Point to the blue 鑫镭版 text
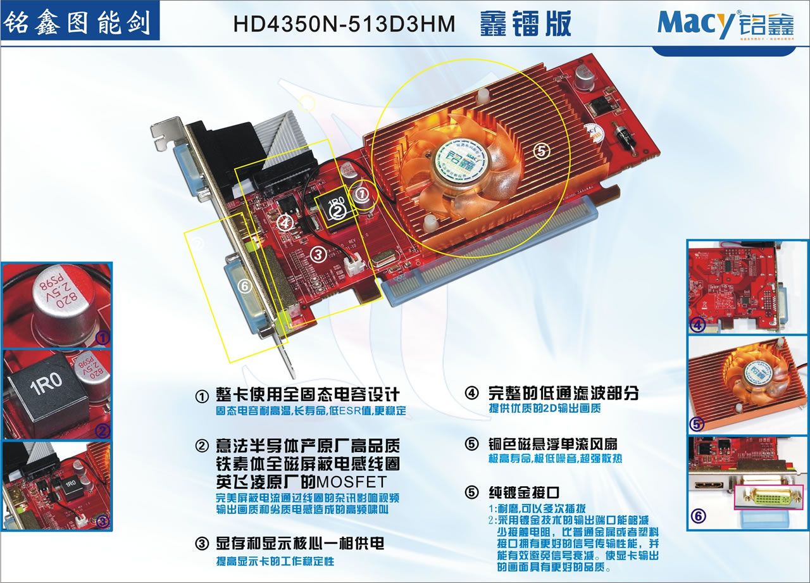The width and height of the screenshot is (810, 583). [526, 23]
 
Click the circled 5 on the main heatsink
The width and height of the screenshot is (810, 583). [542, 151]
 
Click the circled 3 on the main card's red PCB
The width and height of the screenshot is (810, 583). [318, 254]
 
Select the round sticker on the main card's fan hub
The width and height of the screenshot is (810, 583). [461, 158]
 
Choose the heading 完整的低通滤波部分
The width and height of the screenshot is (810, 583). [563, 393]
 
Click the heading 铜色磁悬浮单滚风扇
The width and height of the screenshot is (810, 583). [558, 444]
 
